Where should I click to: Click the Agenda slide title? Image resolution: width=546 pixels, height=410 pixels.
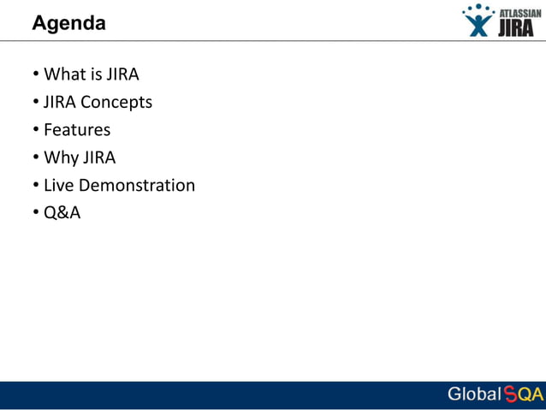68,24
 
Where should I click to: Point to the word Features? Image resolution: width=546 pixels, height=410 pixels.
77,130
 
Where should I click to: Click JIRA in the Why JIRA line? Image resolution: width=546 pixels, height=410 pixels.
98,157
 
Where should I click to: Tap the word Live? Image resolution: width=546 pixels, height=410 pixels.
58,185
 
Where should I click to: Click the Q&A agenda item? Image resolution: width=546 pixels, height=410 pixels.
62,213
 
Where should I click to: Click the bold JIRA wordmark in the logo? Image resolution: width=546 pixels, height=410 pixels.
516,29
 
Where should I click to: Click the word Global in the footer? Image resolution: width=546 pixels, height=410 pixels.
473,395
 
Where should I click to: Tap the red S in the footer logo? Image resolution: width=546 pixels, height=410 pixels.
510,395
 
